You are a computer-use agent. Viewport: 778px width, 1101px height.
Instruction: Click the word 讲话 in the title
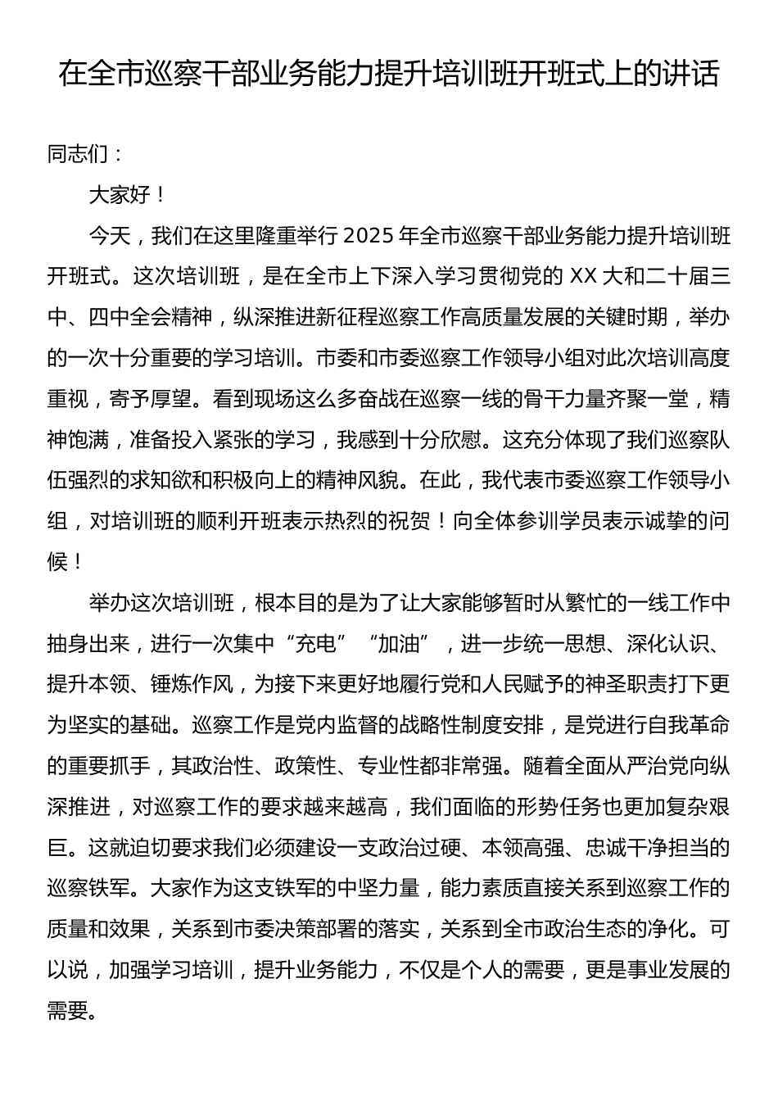point(694,74)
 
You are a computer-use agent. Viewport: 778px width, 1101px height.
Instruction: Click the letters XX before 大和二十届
point(579,276)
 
